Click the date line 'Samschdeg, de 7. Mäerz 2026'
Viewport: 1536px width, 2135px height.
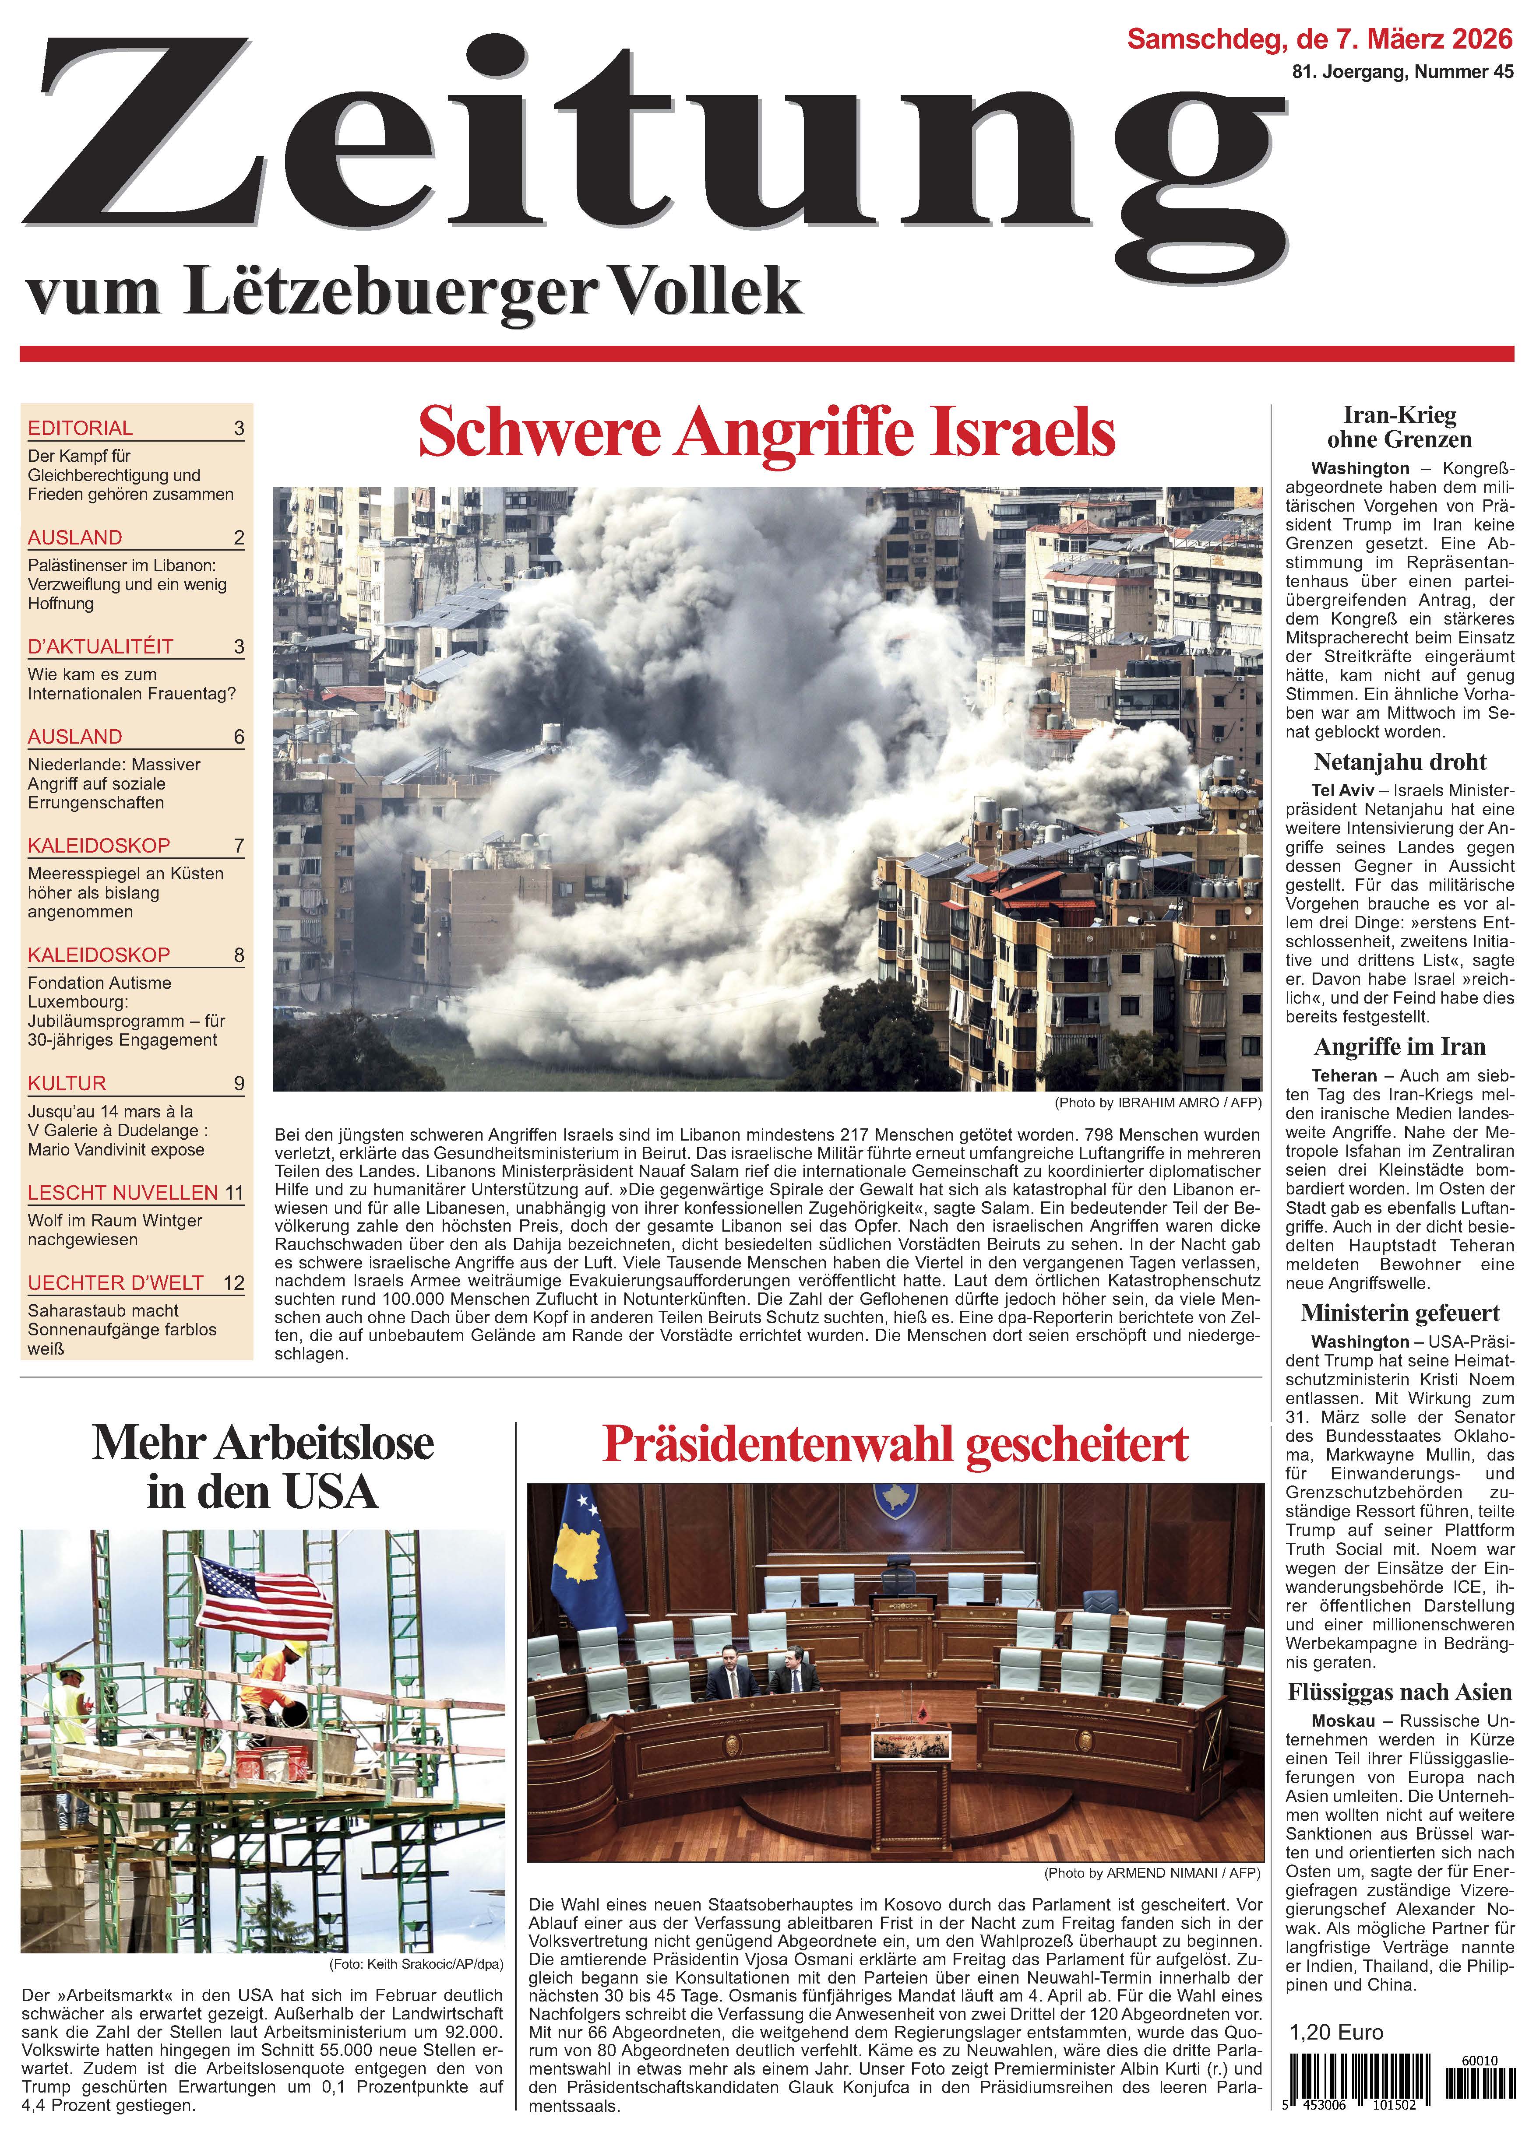[1319, 39]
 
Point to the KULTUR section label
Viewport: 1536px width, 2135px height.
[67, 1082]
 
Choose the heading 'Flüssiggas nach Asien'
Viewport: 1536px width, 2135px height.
[1399, 1692]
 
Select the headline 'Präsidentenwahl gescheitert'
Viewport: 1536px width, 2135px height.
[895, 1445]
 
